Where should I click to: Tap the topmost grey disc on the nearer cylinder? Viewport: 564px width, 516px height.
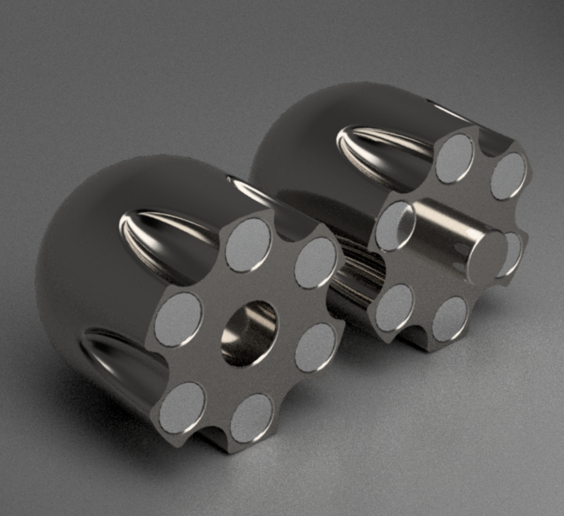coord(248,245)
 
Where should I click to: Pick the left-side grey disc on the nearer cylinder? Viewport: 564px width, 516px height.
coord(178,320)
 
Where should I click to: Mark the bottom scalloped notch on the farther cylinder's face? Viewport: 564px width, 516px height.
coord(416,334)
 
